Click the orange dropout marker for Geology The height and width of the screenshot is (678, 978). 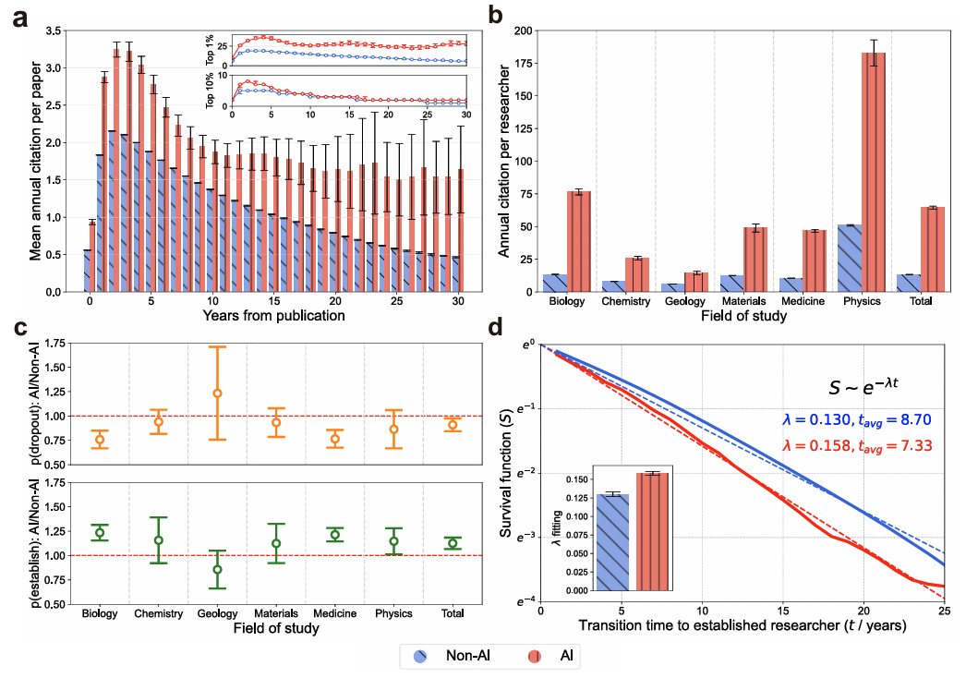coord(218,393)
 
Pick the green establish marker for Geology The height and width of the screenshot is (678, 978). coord(218,569)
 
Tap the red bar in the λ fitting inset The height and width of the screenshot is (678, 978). coord(652,531)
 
